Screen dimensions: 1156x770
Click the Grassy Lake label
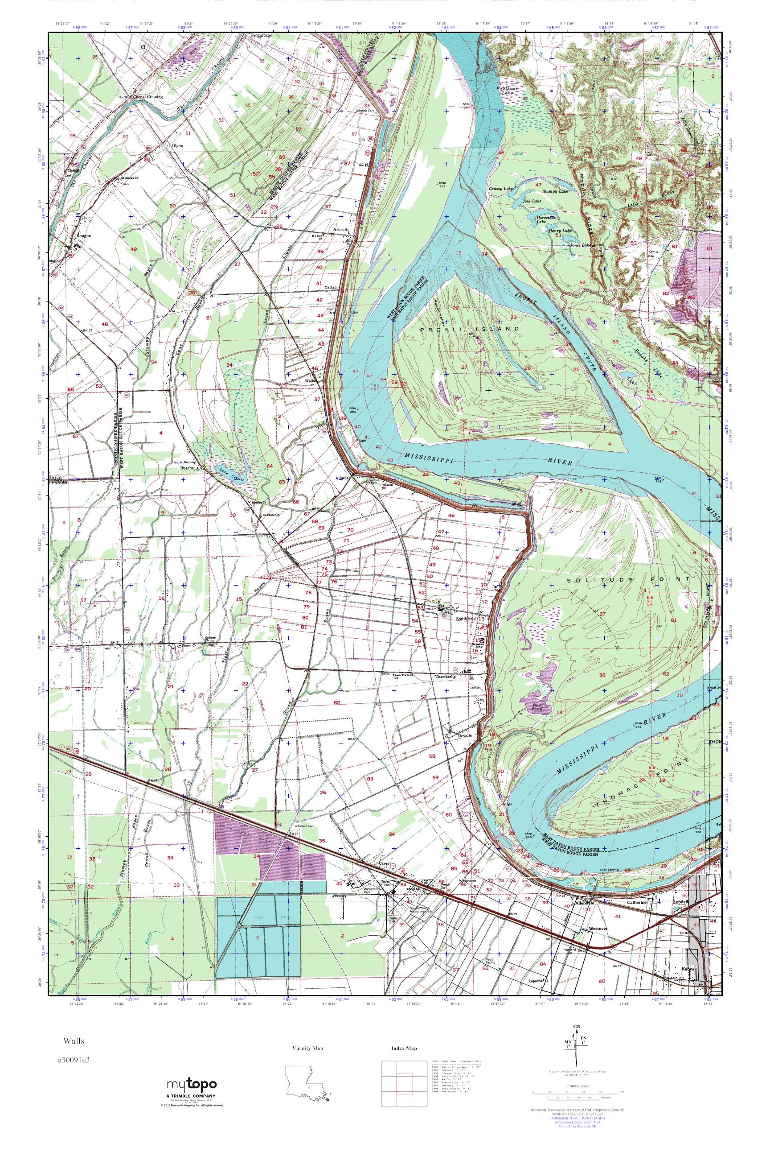coord(501,188)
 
